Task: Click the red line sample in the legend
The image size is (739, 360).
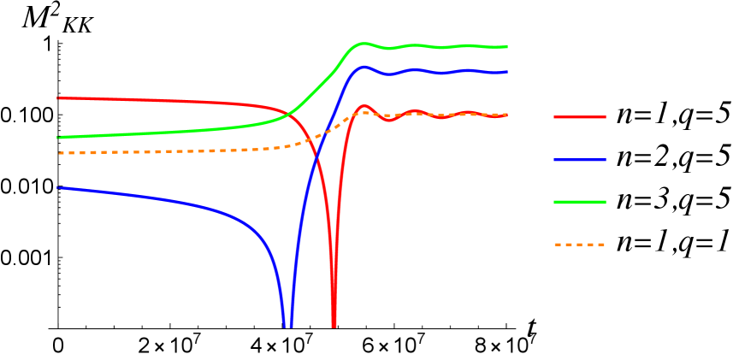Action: pyautogui.click(x=580, y=117)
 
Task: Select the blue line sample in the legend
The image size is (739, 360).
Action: pyautogui.click(x=580, y=160)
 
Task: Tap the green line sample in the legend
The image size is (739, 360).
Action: pyautogui.click(x=580, y=203)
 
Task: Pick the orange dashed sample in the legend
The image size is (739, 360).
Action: pyautogui.click(x=580, y=245)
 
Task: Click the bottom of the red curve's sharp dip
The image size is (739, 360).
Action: pyautogui.click(x=334, y=326)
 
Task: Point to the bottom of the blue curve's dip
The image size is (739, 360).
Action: pyautogui.click(x=287, y=326)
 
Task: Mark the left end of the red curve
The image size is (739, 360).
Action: pyautogui.click(x=57, y=98)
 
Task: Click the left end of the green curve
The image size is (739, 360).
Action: pyautogui.click(x=57, y=138)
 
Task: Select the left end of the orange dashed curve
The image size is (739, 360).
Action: pyautogui.click(x=58, y=153)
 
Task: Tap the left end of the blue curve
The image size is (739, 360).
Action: pyautogui.click(x=57, y=187)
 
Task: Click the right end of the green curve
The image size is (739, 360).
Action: pyautogui.click(x=507, y=47)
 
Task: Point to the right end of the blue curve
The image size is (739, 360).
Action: pyautogui.click(x=507, y=72)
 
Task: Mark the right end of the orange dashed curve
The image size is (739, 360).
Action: pyautogui.click(x=507, y=114)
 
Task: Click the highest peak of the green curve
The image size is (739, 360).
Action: pyautogui.click(x=363, y=43)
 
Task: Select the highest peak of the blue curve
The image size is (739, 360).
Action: pyautogui.click(x=364, y=67)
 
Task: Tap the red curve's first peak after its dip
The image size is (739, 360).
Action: pyautogui.click(x=364, y=106)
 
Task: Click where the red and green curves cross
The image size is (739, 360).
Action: pyautogui.click(x=289, y=113)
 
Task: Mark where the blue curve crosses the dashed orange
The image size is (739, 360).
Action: pyautogui.click(x=324, y=133)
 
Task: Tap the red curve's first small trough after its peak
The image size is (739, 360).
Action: pyautogui.click(x=390, y=121)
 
